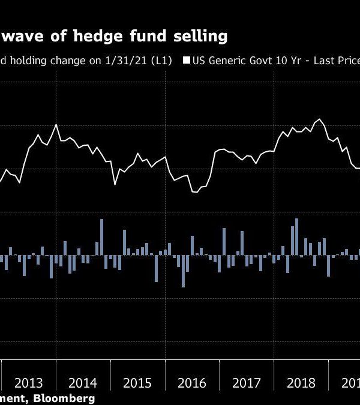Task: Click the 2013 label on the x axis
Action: (x=28, y=383)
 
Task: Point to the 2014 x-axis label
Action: (x=83, y=383)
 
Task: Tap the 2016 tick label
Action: (x=193, y=383)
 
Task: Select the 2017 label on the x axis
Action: (x=247, y=383)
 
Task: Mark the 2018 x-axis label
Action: (x=302, y=383)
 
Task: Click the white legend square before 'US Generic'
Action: (x=187, y=61)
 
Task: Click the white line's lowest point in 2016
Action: (x=194, y=192)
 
